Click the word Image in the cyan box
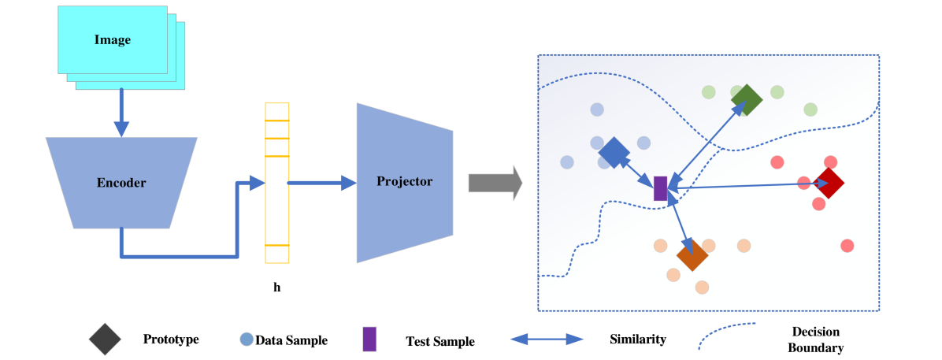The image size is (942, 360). (x=113, y=40)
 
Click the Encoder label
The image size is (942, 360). (x=121, y=183)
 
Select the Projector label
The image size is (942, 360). (x=404, y=181)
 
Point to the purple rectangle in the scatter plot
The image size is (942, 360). (x=661, y=188)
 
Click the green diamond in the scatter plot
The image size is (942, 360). (x=746, y=100)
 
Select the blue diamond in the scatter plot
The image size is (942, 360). (x=614, y=153)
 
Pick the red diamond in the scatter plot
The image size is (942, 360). (x=829, y=183)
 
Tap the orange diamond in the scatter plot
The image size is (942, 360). (x=692, y=255)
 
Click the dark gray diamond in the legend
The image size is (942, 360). (x=105, y=339)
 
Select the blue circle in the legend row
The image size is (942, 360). (x=247, y=340)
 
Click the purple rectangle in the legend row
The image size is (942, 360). (x=369, y=339)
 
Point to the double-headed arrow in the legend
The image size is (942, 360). (x=547, y=340)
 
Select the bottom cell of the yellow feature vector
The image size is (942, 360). (x=277, y=254)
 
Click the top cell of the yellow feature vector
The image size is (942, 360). (x=277, y=111)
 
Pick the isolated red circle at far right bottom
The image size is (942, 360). (x=847, y=245)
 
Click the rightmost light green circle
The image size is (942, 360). (x=810, y=109)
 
